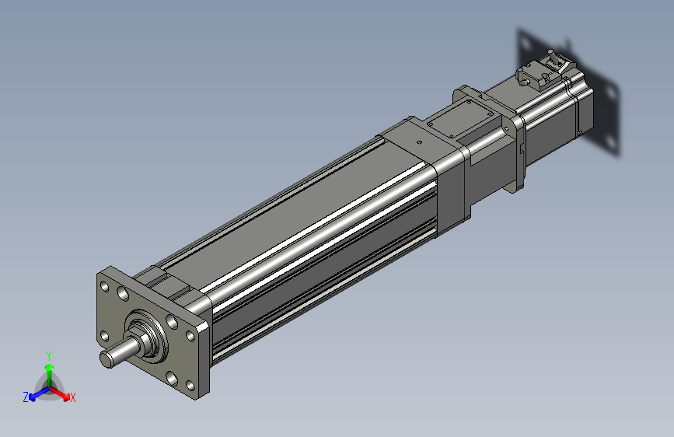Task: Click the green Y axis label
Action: coord(49,355)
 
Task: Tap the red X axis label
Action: coord(72,397)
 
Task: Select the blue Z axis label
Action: coord(26,397)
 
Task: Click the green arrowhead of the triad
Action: coord(50,367)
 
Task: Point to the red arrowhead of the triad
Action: coord(66,396)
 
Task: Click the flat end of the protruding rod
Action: coord(107,359)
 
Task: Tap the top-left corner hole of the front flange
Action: coord(104,285)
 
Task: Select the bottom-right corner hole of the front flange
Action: coord(190,385)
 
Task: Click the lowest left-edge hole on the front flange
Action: coord(104,336)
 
